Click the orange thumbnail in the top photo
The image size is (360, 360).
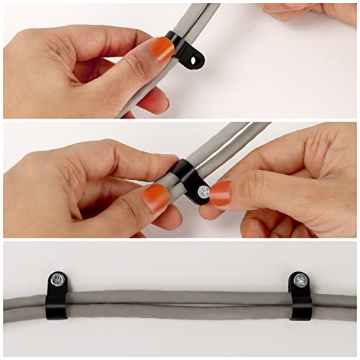pyautogui.click(x=161, y=50)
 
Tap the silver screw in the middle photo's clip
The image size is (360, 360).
pyautogui.click(x=204, y=191)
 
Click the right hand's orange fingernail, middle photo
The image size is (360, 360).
pyautogui.click(x=220, y=192)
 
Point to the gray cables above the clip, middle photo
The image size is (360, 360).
pyautogui.click(x=230, y=140)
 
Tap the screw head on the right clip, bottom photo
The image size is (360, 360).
pyautogui.click(x=300, y=280)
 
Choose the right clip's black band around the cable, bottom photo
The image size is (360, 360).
pyautogui.click(x=299, y=305)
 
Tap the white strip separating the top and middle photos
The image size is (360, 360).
pyautogui.click(x=180, y=120)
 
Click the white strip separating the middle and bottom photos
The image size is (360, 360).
pyautogui.click(x=180, y=240)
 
